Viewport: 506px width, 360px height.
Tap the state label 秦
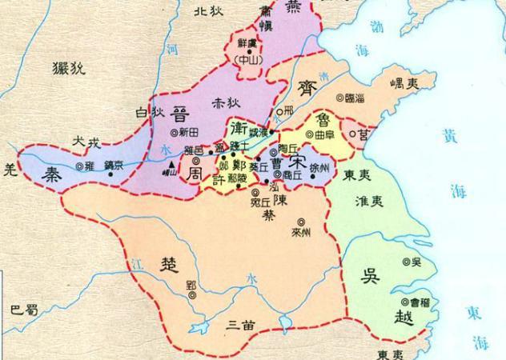coord(54,175)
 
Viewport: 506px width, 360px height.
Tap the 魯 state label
coord(324,119)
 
